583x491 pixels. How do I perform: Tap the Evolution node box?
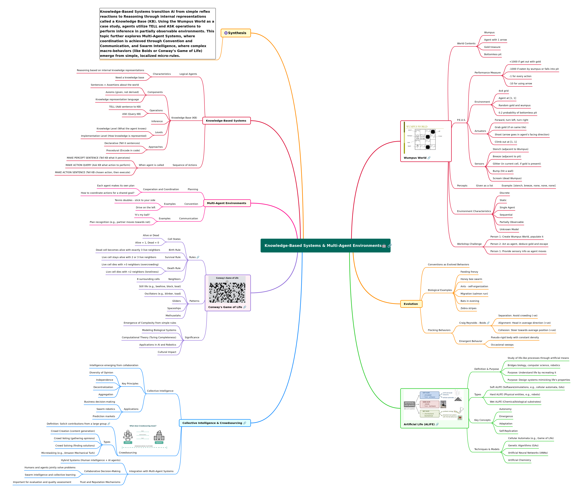(411, 304)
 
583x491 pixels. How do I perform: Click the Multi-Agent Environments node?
(227, 203)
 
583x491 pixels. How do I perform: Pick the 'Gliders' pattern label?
(177, 301)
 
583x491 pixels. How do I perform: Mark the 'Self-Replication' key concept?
(508, 431)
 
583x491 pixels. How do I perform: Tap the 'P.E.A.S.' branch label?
(461, 120)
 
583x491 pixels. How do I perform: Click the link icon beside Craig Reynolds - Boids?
(488, 323)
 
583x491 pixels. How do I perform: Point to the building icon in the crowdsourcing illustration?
(159, 436)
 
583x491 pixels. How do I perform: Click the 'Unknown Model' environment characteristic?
(509, 229)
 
